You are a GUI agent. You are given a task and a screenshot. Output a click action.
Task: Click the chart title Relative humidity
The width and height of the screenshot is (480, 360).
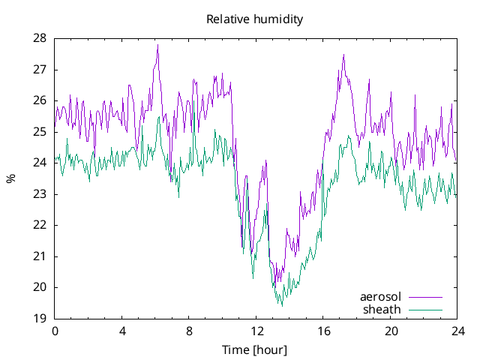click(254, 19)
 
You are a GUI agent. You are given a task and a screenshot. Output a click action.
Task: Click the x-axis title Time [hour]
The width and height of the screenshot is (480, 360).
click(254, 350)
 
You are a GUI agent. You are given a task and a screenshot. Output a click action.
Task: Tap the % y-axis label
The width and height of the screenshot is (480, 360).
click(10, 178)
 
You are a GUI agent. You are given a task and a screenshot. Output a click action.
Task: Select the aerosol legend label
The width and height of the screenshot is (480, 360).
click(381, 297)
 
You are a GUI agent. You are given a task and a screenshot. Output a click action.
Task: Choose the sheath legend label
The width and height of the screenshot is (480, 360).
click(382, 309)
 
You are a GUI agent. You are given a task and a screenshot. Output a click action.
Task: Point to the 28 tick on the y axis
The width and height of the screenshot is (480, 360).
click(40, 38)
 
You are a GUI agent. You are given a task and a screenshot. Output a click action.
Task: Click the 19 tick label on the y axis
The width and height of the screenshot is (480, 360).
click(40, 319)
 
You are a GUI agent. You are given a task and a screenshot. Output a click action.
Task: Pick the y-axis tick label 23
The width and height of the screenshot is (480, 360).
click(40, 194)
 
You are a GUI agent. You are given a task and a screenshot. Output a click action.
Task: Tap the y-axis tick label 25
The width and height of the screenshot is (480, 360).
click(40, 132)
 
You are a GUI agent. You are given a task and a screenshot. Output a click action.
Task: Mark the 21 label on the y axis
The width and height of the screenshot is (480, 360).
click(40, 256)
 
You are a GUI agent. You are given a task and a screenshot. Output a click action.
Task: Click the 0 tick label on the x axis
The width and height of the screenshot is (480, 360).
click(55, 331)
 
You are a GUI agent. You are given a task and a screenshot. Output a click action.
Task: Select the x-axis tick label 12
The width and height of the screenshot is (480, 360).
click(256, 331)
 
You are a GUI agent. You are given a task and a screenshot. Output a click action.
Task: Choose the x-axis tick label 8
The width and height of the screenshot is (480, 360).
click(190, 331)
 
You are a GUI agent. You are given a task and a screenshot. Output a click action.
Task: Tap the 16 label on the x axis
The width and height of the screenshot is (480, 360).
click(324, 331)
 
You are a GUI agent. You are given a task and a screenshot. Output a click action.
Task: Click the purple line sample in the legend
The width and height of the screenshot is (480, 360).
click(425, 297)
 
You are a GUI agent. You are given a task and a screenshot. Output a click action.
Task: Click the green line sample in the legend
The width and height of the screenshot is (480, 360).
click(425, 309)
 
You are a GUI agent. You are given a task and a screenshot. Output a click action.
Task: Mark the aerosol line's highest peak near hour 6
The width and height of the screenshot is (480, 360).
click(157, 45)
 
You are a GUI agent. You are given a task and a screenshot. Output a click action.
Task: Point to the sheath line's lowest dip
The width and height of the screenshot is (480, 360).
click(282, 305)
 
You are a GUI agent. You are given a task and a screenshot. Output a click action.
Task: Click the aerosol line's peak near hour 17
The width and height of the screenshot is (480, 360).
click(343, 55)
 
